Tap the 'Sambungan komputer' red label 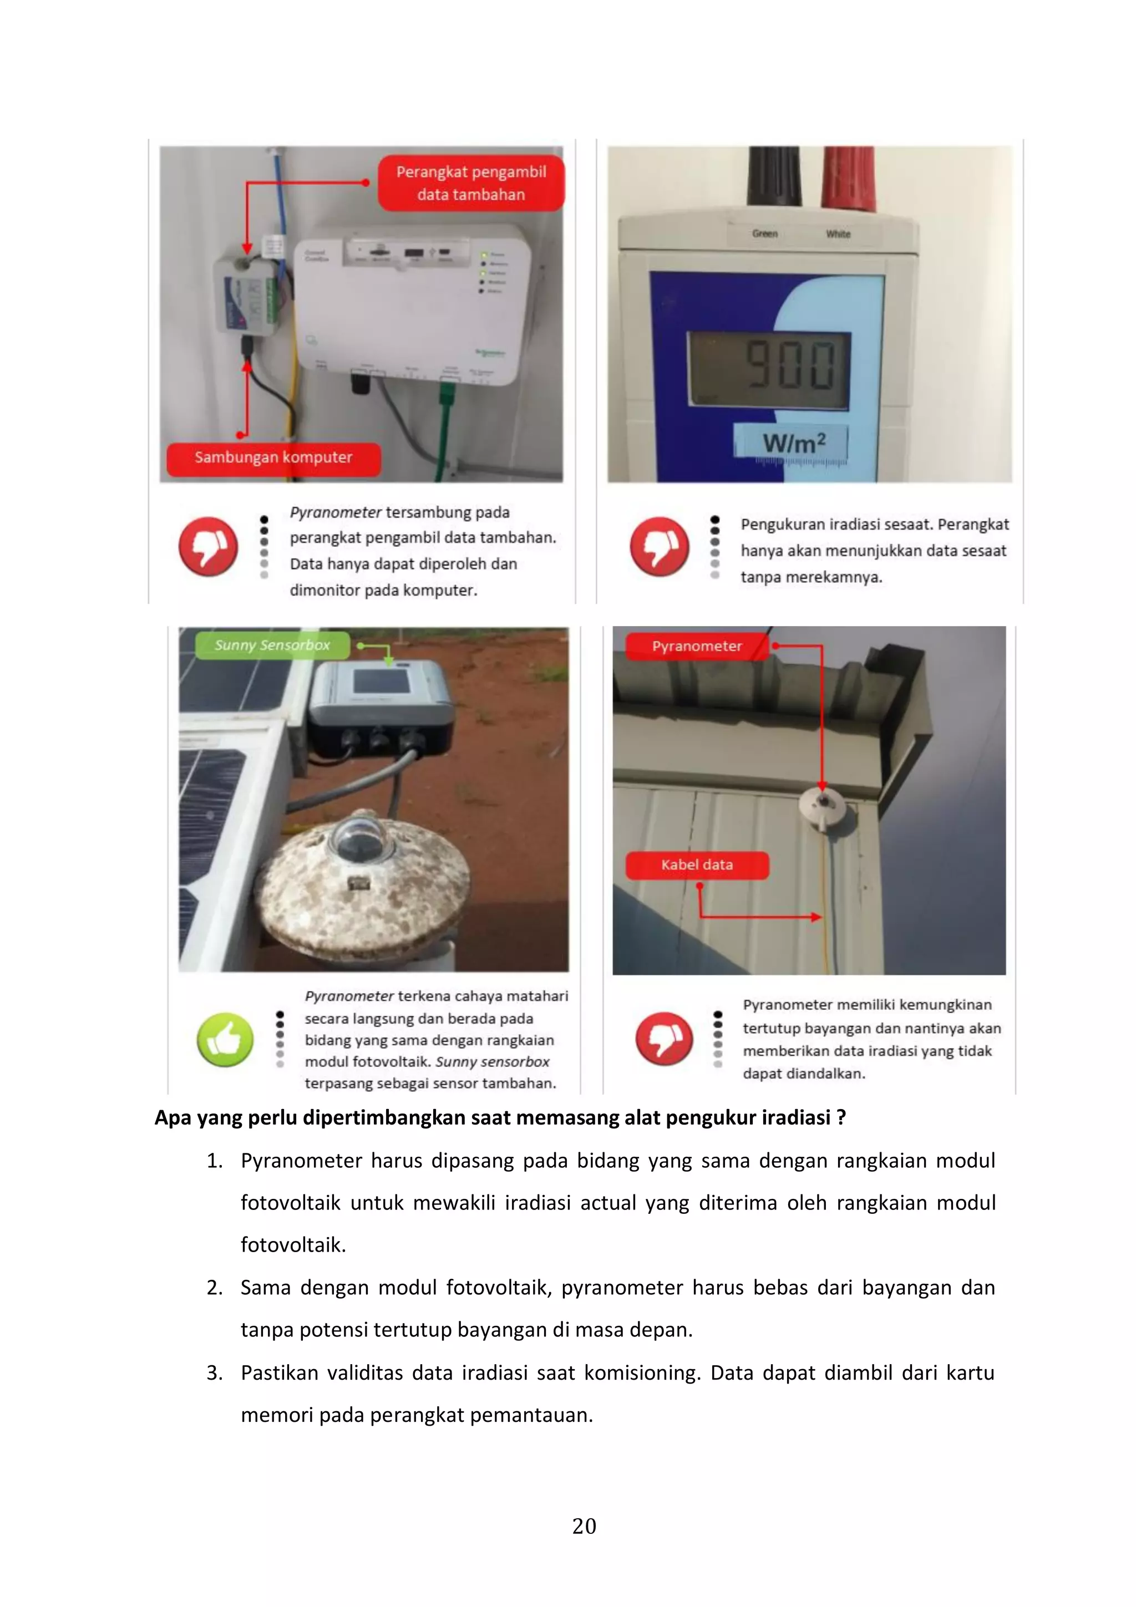(x=273, y=457)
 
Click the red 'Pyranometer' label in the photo (x=697, y=646)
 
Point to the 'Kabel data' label (x=697, y=865)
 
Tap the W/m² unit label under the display (x=794, y=443)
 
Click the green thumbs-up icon (x=225, y=1039)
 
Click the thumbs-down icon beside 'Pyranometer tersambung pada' (x=208, y=547)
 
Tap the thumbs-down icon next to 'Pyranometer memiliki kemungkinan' (x=663, y=1039)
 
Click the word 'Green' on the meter (x=764, y=234)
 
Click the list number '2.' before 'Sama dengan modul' (x=215, y=1288)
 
